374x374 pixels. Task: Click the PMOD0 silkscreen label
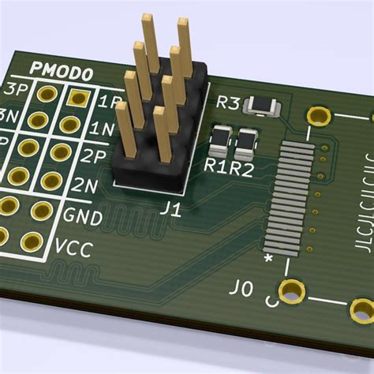(62, 73)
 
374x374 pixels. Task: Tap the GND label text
(83, 215)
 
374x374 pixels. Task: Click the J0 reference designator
(242, 289)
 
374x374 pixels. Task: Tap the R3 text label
(228, 103)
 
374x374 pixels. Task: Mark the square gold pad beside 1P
(77, 98)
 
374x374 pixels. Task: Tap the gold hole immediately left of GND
(39, 210)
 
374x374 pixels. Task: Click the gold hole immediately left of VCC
(31, 241)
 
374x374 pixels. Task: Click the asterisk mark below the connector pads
(269, 258)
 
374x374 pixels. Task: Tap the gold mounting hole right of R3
(319, 117)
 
